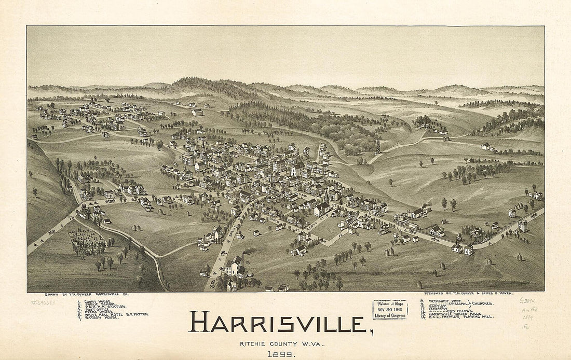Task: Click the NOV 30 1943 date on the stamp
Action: click(390, 309)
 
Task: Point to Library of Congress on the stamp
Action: click(390, 315)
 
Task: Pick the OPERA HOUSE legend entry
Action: click(99, 311)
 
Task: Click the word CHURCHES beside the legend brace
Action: click(483, 303)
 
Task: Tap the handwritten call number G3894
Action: click(527, 300)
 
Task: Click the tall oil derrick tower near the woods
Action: click(378, 146)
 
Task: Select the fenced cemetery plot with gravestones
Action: click(86, 242)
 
